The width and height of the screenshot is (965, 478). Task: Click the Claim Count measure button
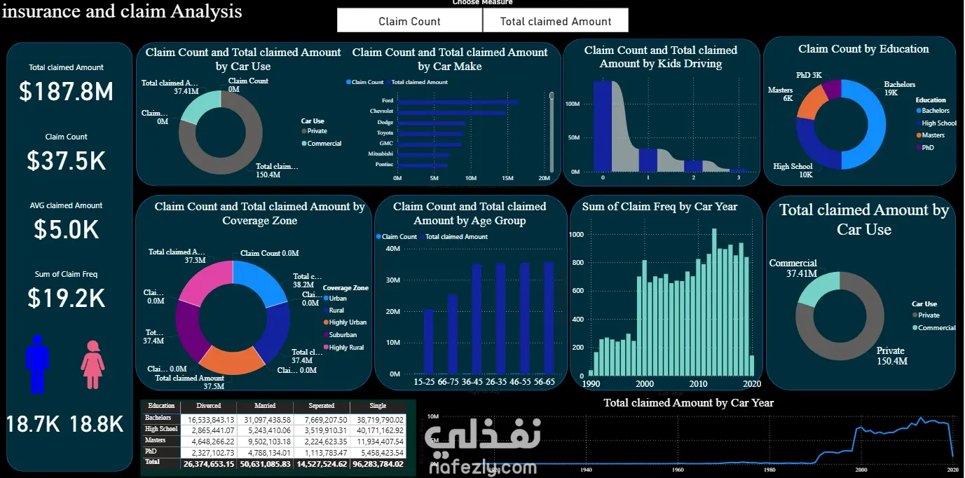(409, 21)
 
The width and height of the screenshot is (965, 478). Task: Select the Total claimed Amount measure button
(555, 21)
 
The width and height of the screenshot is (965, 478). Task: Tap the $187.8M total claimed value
(66, 92)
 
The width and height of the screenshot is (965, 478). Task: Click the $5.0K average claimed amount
(66, 229)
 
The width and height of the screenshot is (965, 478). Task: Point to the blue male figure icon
(38, 364)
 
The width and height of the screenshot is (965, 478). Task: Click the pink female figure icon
(93, 365)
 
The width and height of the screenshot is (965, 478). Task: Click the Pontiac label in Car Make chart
(383, 165)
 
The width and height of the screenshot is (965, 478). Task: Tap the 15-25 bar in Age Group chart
(428, 341)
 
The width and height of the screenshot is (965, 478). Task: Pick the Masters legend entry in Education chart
(932, 135)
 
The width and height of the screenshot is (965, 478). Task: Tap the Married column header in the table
(265, 406)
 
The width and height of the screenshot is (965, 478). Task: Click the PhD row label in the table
(151, 451)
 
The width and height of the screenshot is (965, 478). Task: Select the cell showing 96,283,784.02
(379, 463)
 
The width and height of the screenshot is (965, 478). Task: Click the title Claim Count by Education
(863, 49)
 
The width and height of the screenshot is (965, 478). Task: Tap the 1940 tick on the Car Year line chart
(587, 470)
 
